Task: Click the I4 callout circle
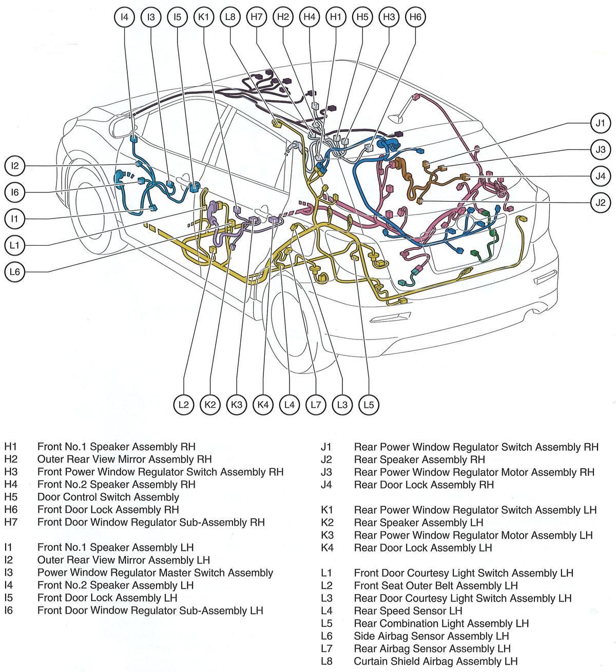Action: tap(124, 17)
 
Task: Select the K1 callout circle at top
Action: tap(204, 17)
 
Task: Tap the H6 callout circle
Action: tap(415, 17)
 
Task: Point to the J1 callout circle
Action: tap(600, 123)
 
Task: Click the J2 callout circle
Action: tap(600, 202)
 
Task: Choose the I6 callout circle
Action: tap(15, 192)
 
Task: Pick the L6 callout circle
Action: tap(15, 271)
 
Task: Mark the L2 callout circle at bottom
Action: tap(183, 405)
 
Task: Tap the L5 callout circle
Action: tap(369, 405)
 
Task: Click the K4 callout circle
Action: tap(263, 405)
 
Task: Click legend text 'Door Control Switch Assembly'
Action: tap(108, 497)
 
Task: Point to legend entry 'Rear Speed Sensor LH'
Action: tap(408, 611)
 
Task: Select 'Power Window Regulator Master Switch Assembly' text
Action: tap(155, 573)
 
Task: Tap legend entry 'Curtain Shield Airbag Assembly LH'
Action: tap(435, 661)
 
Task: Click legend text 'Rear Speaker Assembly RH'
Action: tap(419, 460)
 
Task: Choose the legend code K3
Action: tap(327, 536)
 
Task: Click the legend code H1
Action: tap(11, 447)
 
